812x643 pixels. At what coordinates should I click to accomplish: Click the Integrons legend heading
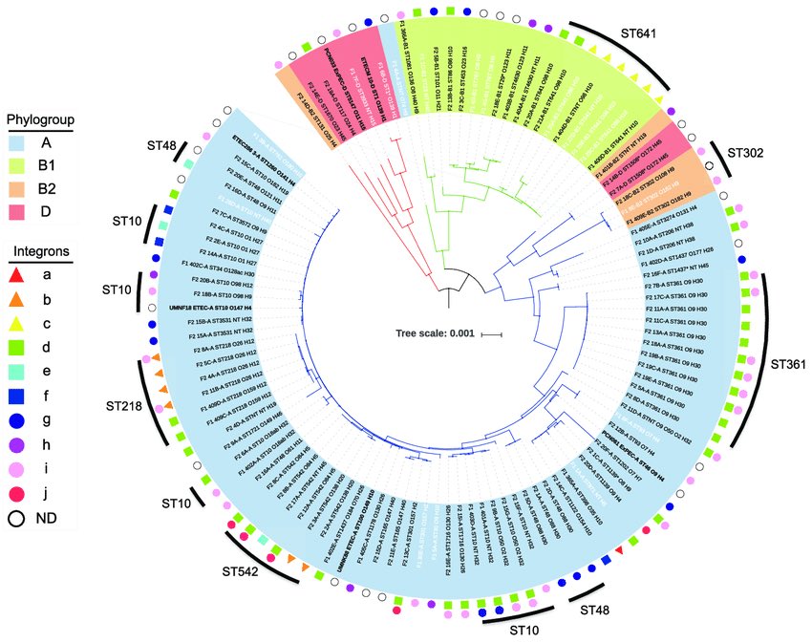[x=39, y=250]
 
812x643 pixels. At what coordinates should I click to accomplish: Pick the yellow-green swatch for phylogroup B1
[x=22, y=166]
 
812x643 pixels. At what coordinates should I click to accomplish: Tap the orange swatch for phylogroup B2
[x=22, y=189]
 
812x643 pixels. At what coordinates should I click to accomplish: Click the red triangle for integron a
[x=22, y=274]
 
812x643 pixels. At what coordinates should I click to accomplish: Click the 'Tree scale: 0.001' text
[x=434, y=333]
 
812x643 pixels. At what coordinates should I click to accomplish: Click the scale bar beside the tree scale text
[x=491, y=333]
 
